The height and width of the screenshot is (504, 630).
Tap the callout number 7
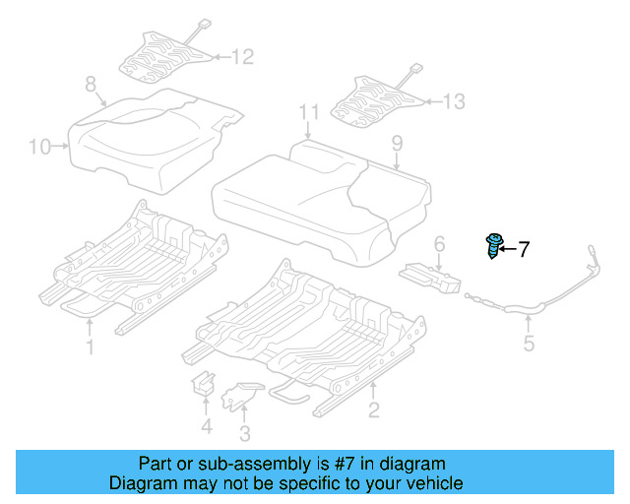coord(524,249)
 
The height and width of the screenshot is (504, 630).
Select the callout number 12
coord(241,57)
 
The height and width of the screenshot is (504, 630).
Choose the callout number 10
coord(38,148)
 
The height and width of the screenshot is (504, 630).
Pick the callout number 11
coord(309,111)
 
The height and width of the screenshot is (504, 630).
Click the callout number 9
coord(397,144)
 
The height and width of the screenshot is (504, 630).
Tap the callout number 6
coord(439,242)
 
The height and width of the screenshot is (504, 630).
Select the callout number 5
coord(529,344)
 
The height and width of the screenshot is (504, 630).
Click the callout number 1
coord(90,346)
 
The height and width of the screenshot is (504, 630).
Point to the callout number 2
coord(373,409)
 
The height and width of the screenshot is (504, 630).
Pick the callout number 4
coord(205,426)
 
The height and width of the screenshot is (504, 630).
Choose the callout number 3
coord(244,433)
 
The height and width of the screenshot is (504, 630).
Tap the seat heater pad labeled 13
coord(379,95)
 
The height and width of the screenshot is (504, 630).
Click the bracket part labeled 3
coord(239,396)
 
